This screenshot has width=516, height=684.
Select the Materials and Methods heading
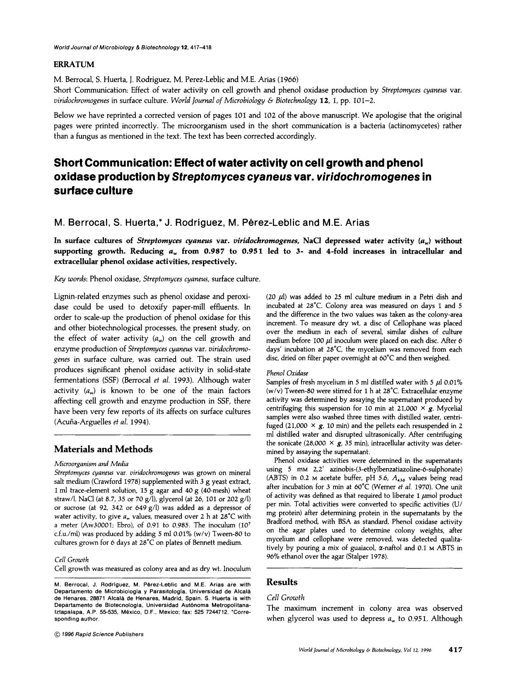(x=103, y=449)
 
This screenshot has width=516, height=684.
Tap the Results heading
(x=282, y=582)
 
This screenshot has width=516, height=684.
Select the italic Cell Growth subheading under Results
(x=285, y=597)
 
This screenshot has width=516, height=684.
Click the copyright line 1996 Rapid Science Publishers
(x=99, y=634)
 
